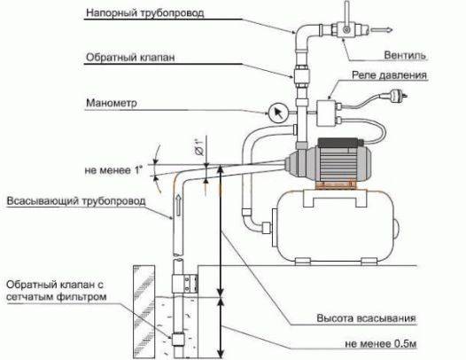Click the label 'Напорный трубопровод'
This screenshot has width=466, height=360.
[145, 13]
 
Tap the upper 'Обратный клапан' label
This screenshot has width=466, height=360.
[130, 57]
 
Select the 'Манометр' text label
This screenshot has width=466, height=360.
[112, 103]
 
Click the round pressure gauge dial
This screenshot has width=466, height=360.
[278, 113]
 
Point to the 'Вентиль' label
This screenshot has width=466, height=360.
[405, 55]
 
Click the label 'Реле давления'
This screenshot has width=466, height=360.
[389, 75]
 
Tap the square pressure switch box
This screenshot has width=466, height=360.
[326, 113]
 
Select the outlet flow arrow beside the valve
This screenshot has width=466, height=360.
[382, 30]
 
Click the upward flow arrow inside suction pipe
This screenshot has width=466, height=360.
[178, 205]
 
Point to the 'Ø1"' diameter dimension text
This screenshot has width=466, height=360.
[199, 147]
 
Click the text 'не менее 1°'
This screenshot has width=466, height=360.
[113, 170]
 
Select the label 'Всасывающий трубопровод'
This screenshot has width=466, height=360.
[76, 201]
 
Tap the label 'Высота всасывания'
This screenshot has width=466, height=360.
[366, 318]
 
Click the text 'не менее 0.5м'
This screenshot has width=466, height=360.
[381, 344]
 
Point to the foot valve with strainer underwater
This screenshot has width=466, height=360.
[178, 340]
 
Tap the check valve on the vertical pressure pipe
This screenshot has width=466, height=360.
[302, 75]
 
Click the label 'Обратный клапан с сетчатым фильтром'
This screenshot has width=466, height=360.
[56, 291]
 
